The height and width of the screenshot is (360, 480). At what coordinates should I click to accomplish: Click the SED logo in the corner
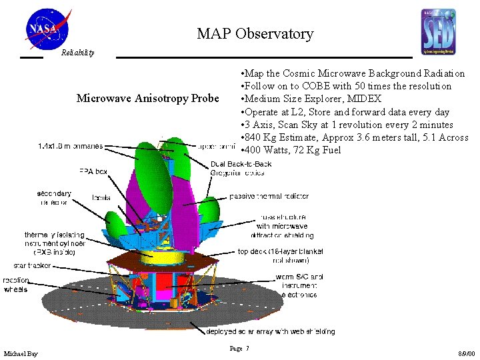438,31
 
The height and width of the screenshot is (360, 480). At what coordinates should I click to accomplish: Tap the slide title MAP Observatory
255,33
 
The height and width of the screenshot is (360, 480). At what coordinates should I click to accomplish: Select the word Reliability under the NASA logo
77,53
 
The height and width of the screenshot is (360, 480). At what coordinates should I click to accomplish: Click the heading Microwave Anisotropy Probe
147,99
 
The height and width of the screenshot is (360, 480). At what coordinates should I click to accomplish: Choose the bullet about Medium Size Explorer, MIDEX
310,99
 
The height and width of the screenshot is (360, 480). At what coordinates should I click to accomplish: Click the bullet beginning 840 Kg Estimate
353,137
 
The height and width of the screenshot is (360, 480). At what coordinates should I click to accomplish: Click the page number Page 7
239,348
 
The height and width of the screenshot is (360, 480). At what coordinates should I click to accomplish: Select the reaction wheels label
16,285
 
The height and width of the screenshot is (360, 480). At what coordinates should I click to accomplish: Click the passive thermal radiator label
269,197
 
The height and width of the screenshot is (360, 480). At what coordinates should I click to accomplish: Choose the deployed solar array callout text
270,331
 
